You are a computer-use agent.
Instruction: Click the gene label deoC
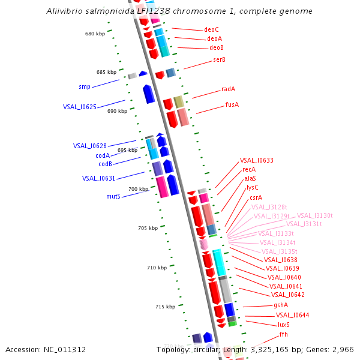(x=211, y=29)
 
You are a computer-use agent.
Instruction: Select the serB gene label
(x=218, y=59)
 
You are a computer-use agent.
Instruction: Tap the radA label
(x=228, y=89)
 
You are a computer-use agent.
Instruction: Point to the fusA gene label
(x=232, y=104)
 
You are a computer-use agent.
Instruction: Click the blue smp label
(x=85, y=87)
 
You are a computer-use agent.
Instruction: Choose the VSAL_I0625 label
(x=79, y=107)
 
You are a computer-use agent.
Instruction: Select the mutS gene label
(x=113, y=196)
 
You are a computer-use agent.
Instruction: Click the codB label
(x=105, y=164)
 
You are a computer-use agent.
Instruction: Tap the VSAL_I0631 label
(x=98, y=178)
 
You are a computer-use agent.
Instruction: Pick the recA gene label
(x=249, y=170)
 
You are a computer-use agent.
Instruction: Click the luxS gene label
(x=284, y=324)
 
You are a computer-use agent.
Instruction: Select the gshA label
(x=281, y=305)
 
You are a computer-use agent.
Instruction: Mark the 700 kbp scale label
(x=138, y=189)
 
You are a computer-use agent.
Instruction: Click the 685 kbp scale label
(x=106, y=72)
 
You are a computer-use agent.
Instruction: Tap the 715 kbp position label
(x=165, y=307)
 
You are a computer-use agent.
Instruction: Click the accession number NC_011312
(x=65, y=350)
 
